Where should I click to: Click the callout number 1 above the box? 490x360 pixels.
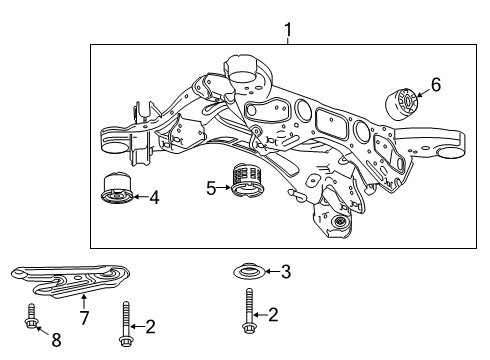point(288,30)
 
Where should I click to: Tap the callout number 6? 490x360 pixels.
point(436,85)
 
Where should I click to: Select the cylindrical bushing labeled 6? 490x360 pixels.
point(401,103)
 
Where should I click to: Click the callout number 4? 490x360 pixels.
point(154,198)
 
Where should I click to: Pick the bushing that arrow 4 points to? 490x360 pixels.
point(117,188)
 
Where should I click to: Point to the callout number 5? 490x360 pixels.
point(211,189)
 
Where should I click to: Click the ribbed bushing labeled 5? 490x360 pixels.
point(246,180)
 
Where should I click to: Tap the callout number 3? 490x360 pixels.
point(286,272)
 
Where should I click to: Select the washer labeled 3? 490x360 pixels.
point(249,272)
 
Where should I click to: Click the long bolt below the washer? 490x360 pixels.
point(249,311)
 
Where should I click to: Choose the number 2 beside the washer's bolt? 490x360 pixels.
point(273,315)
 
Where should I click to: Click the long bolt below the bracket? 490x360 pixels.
point(125,324)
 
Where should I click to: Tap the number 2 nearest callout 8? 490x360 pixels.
point(150,327)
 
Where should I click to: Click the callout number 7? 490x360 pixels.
point(84,318)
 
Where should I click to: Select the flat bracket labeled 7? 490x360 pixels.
point(70,280)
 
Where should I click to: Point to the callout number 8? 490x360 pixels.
point(56,340)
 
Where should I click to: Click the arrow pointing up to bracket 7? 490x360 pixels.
point(84,301)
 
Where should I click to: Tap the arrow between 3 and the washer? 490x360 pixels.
point(272,272)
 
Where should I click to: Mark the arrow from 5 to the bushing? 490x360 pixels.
point(224,188)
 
